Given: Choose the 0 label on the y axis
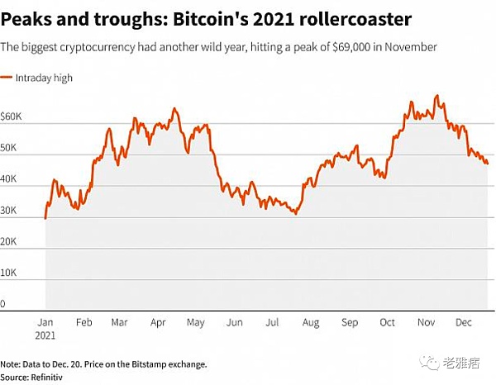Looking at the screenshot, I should [4, 303].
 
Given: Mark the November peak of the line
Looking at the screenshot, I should [436, 96].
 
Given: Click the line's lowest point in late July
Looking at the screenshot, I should [295, 214].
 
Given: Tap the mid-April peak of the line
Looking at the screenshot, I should [174, 108].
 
